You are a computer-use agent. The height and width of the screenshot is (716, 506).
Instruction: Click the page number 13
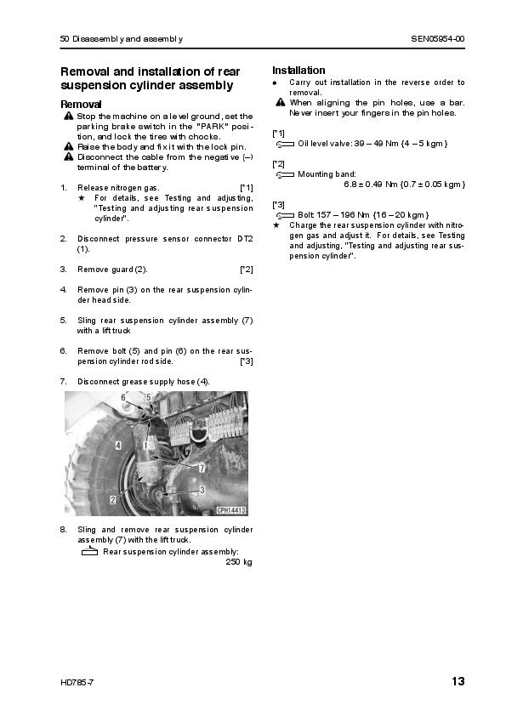pyautogui.click(x=458, y=681)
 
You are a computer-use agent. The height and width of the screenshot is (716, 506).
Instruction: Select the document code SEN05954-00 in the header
pyautogui.click(x=437, y=39)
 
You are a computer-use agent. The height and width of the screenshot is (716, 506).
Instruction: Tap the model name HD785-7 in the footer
pyautogui.click(x=77, y=683)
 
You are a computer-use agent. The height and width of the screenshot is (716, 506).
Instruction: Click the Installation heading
pyautogui.click(x=298, y=71)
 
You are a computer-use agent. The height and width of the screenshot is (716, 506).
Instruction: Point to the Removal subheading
pyautogui.click(x=81, y=104)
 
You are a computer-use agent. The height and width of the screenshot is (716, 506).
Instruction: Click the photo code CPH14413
pyautogui.click(x=231, y=510)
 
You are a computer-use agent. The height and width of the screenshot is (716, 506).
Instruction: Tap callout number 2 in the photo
pyautogui.click(x=113, y=500)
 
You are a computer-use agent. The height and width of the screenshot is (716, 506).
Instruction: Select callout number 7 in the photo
pyautogui.click(x=202, y=468)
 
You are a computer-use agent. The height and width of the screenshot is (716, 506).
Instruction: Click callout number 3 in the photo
pyautogui.click(x=202, y=490)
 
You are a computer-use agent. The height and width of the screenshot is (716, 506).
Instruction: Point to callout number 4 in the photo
pyautogui.click(x=118, y=445)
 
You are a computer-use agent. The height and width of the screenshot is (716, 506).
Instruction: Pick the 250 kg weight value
pyautogui.click(x=239, y=562)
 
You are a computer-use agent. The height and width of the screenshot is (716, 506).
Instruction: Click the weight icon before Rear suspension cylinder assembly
pyautogui.click(x=89, y=551)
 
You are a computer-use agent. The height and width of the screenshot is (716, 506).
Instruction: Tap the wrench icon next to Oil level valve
pyautogui.click(x=286, y=145)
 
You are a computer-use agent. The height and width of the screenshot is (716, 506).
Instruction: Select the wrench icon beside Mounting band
pyautogui.click(x=286, y=175)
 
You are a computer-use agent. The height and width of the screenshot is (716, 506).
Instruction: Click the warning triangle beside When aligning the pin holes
pyautogui.click(x=281, y=102)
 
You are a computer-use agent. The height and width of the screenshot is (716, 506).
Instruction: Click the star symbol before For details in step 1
pyautogui.click(x=82, y=198)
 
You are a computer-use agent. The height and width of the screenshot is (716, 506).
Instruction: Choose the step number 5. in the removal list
pyautogui.click(x=64, y=321)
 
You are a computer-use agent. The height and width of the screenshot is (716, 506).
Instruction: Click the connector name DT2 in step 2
pyautogui.click(x=245, y=239)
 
